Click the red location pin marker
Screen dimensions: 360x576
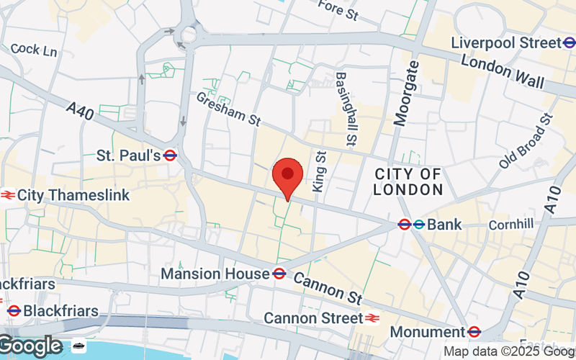288,176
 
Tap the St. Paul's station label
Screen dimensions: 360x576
128,155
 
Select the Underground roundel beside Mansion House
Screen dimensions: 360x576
280,274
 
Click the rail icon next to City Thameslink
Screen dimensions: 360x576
8,194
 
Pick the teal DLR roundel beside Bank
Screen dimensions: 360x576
418,225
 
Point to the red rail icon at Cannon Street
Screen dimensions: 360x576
372,318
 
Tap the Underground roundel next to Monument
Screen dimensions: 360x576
474,332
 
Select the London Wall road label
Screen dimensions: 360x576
503,73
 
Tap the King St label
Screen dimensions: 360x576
320,171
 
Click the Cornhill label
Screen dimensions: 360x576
511,225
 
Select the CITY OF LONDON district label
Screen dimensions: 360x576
408,182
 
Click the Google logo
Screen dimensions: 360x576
31,346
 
